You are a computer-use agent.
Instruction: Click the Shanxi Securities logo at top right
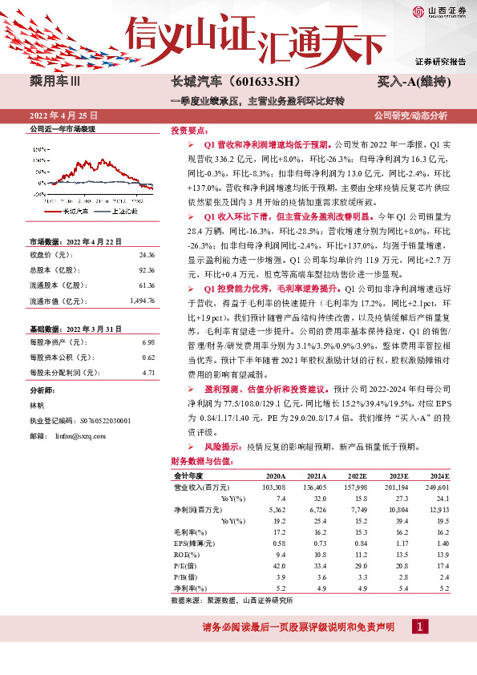click(x=439, y=11)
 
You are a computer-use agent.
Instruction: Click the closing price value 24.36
click(x=145, y=255)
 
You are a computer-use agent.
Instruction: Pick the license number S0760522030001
click(x=104, y=420)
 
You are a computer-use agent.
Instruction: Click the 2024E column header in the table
click(x=437, y=475)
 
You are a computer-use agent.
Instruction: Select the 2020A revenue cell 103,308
click(x=274, y=487)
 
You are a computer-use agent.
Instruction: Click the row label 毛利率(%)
click(x=188, y=532)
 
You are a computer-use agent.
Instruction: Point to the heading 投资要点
click(x=189, y=131)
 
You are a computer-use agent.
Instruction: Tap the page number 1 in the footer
click(x=419, y=626)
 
